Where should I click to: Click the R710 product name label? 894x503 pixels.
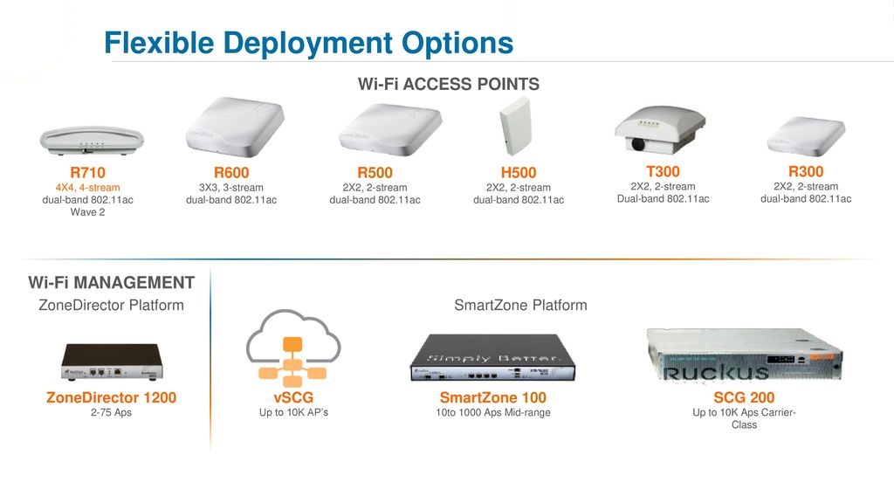point(88,172)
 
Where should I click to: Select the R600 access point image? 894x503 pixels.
point(235,127)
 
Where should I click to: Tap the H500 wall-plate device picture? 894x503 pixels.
point(516,126)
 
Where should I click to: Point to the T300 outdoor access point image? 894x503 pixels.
point(660,129)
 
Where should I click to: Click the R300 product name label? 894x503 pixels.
point(806,171)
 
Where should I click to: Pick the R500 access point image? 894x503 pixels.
point(390,129)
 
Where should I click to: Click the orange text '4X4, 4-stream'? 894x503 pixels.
point(88,188)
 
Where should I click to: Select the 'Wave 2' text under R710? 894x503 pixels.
point(88,212)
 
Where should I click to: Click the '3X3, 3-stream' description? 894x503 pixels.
point(230,188)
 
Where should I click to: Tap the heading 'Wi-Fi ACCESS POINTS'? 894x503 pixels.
point(448,84)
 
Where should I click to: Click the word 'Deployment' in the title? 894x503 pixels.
point(308,44)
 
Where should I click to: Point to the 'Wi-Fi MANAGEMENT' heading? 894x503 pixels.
point(111,282)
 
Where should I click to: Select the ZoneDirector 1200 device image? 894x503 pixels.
point(113,362)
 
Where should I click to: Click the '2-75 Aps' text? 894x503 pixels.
point(111,412)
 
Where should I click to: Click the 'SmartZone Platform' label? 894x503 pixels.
point(520,305)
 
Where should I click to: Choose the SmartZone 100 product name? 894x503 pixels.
point(493,397)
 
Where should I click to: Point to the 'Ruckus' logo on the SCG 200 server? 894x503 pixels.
point(717,372)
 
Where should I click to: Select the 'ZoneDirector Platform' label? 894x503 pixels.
point(111,305)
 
